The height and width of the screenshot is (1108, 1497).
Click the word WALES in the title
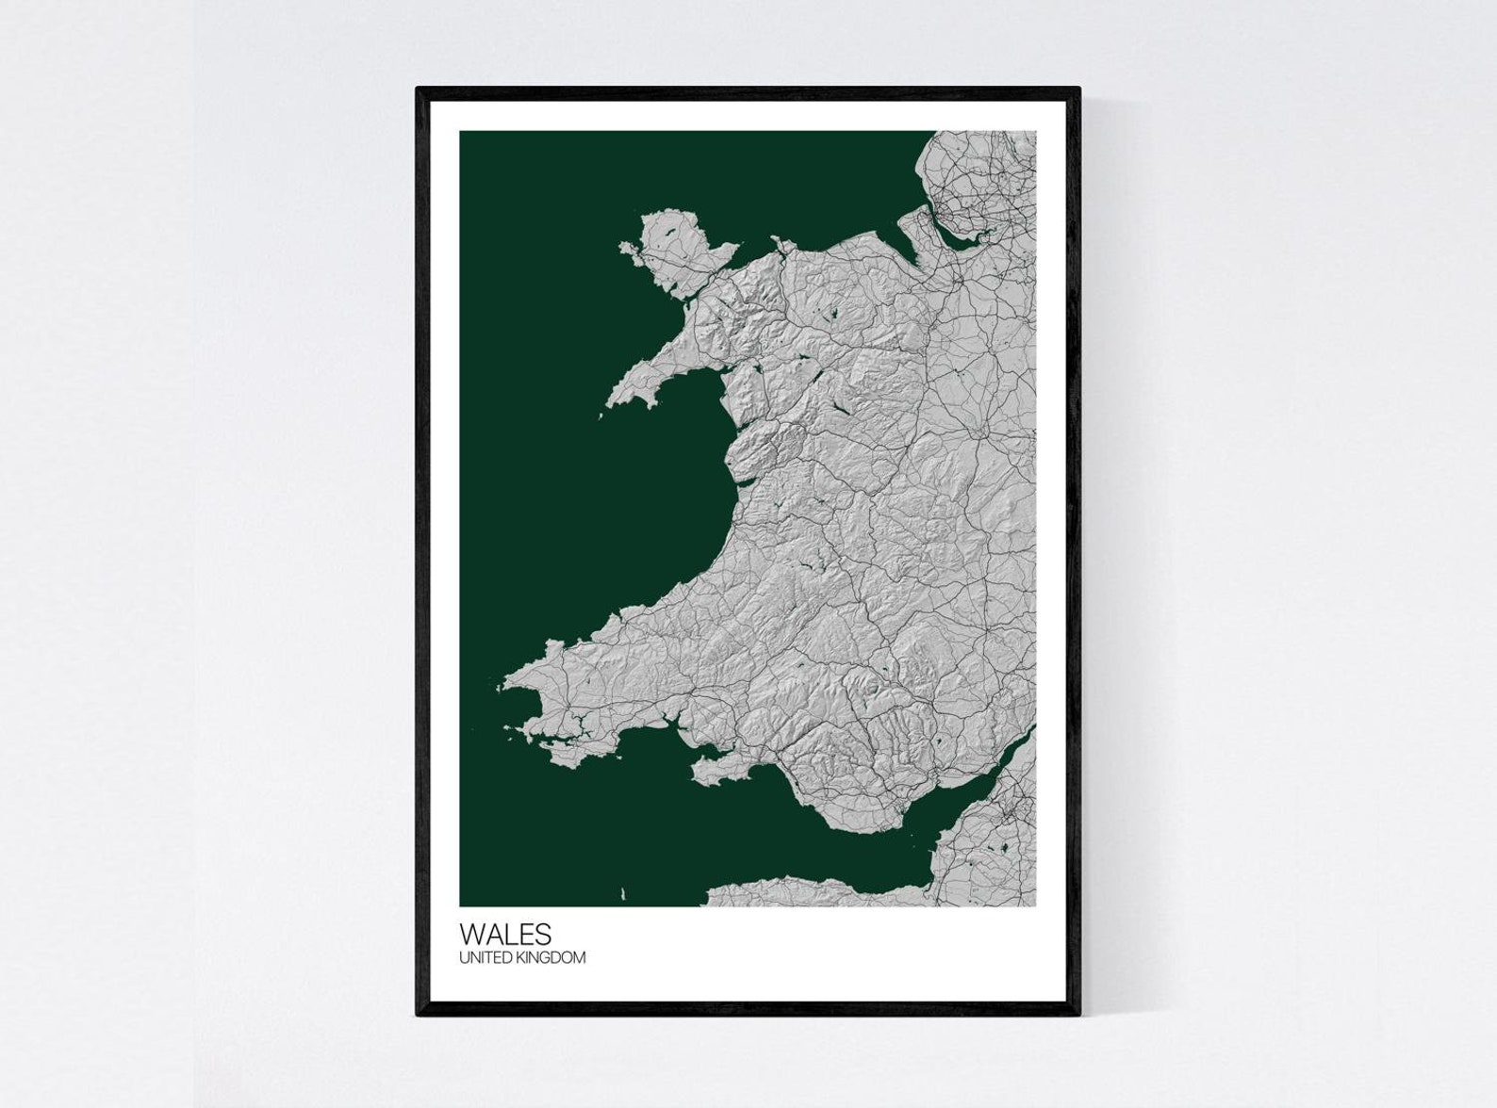(x=505, y=934)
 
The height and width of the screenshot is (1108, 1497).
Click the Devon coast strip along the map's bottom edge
(x=811, y=890)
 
